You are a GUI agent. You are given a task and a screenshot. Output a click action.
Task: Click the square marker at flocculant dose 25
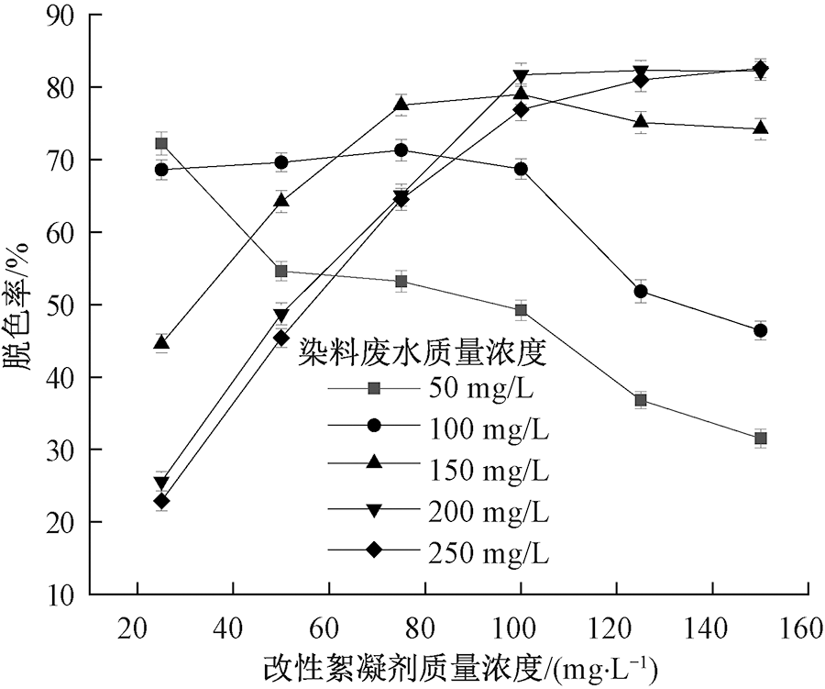click(161, 143)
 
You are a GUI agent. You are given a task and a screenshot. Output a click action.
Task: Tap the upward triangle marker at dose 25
click(161, 343)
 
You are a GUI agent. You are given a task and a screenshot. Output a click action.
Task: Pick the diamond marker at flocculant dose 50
click(281, 338)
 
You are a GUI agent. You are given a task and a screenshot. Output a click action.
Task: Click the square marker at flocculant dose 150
click(760, 439)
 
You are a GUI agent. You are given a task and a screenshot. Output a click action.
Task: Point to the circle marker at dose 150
click(760, 330)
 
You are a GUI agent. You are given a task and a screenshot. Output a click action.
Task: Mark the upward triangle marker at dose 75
click(401, 104)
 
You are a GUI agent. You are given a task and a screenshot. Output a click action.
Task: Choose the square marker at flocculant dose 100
click(521, 310)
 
